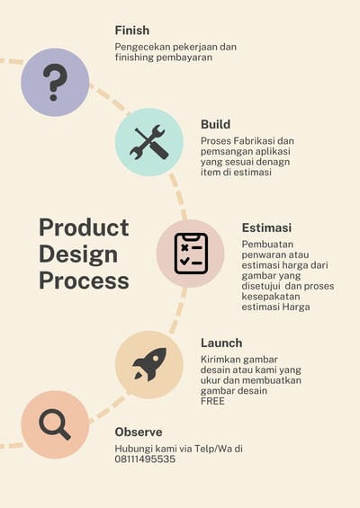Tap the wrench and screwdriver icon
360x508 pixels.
(149, 142)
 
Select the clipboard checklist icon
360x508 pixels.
(191, 254)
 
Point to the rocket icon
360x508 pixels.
(149, 364)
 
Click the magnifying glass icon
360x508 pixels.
(55, 424)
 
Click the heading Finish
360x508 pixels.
(132, 31)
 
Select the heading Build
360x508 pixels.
(215, 124)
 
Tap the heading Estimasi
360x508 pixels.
(266, 227)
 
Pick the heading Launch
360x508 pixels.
(221, 343)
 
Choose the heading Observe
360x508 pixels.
(139, 432)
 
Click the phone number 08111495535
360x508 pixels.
(145, 459)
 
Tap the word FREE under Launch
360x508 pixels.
(212, 401)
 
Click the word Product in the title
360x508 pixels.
(84, 227)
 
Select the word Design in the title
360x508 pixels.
(78, 254)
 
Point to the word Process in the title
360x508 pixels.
(84, 281)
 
